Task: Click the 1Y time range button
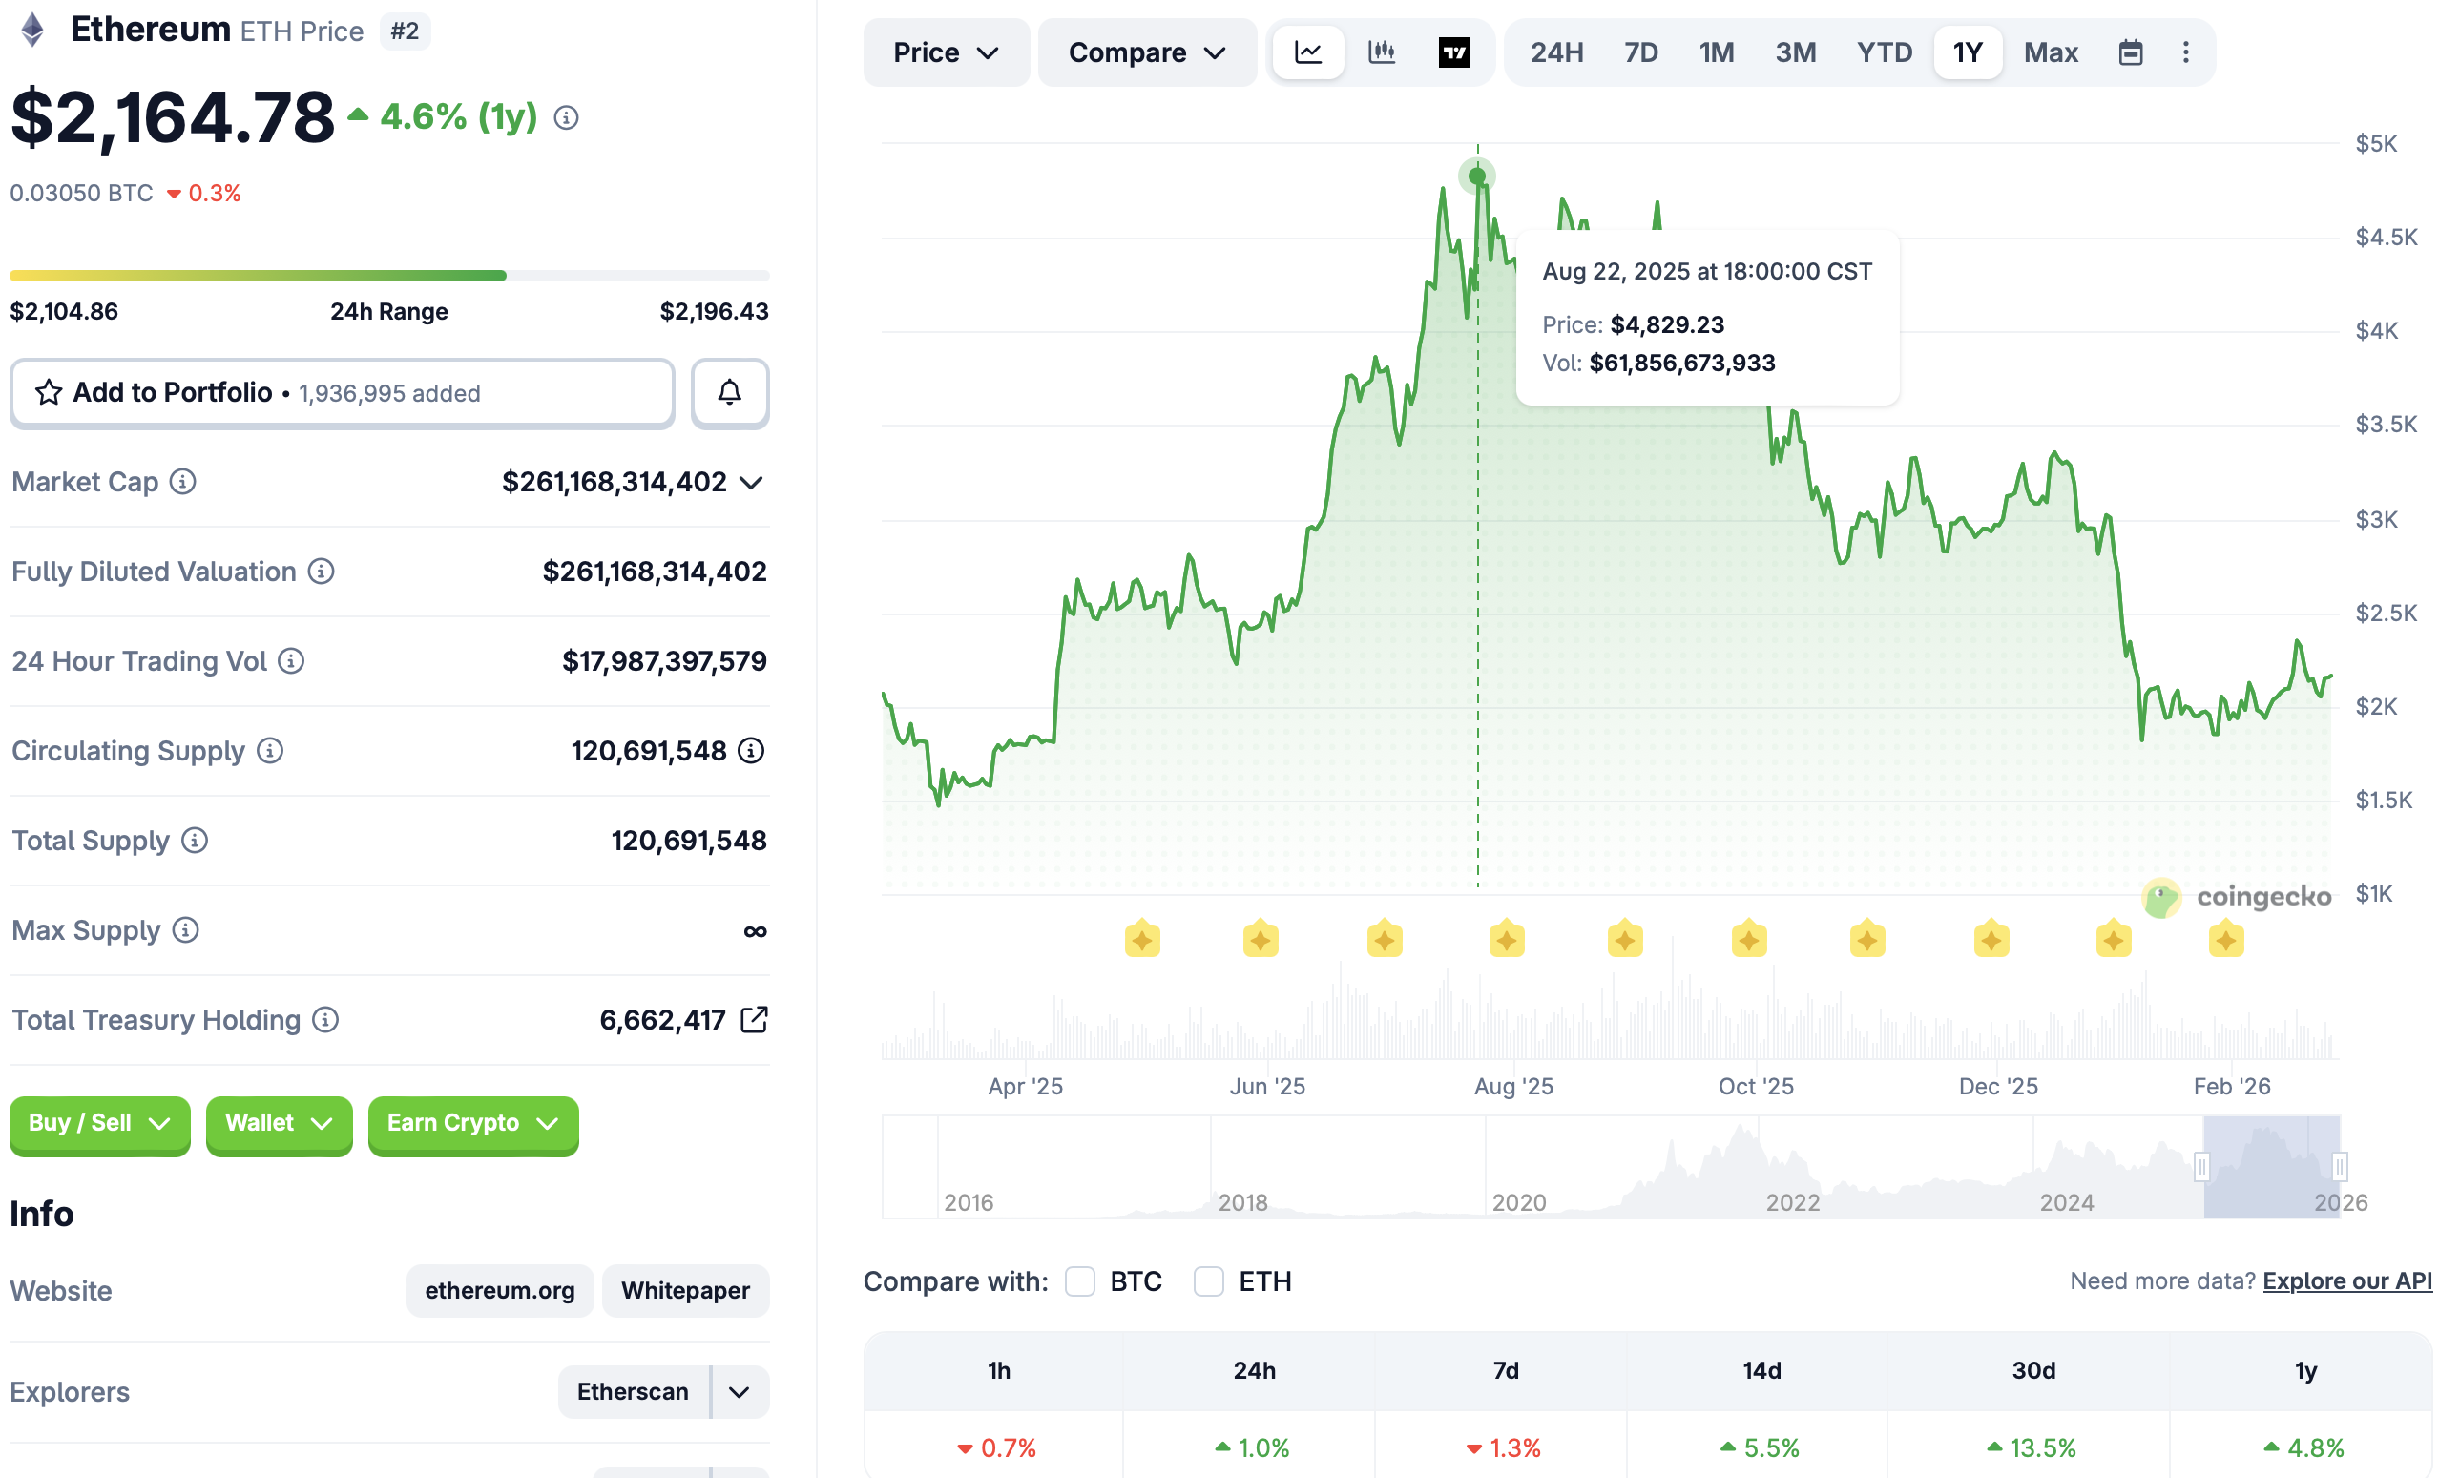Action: click(x=1967, y=52)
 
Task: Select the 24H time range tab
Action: click(x=1556, y=52)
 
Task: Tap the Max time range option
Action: click(x=2050, y=52)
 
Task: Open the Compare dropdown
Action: click(x=1146, y=52)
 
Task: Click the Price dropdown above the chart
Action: click(x=946, y=52)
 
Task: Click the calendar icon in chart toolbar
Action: click(x=2130, y=52)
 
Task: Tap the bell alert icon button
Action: click(x=730, y=393)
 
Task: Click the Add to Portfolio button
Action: click(x=342, y=393)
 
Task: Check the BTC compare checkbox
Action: click(x=1080, y=1281)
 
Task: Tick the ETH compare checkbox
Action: click(x=1209, y=1281)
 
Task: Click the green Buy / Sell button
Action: click(x=99, y=1123)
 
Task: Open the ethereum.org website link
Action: click(x=499, y=1290)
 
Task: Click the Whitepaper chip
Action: click(x=685, y=1290)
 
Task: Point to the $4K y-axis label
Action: click(x=2376, y=331)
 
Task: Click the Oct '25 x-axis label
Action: click(x=1755, y=1086)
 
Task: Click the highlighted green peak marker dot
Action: click(x=1477, y=177)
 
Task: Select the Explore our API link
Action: click(x=2345, y=1281)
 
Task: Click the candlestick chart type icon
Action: click(x=1381, y=52)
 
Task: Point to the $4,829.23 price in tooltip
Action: click(x=1667, y=324)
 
